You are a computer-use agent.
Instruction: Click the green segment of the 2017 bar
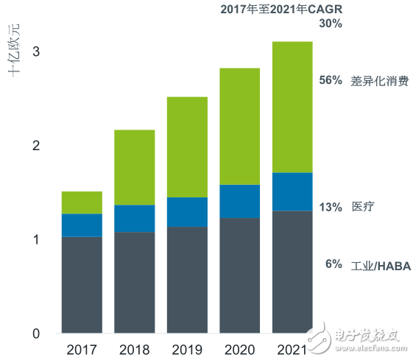pos(82,202)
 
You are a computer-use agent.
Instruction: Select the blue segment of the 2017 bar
pos(82,225)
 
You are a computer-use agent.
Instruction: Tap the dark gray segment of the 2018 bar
pos(134,283)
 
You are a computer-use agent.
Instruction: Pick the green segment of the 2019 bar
pos(187,147)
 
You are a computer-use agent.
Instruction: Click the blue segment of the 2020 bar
pos(239,201)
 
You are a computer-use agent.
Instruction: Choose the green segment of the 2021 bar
pos(292,107)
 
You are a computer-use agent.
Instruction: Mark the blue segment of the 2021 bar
pos(292,191)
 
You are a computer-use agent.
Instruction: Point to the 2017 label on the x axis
pos(82,348)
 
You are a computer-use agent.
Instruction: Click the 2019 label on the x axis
pos(187,348)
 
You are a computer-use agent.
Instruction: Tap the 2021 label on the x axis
pos(292,348)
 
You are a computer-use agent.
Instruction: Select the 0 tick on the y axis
pos(35,334)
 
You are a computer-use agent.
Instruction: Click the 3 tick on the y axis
pos(35,52)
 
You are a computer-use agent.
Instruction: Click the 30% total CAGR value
pos(331,24)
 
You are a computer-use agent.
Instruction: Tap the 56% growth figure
pos(331,81)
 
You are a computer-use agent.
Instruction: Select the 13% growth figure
pos(331,207)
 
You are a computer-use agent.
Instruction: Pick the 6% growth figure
pos(333,264)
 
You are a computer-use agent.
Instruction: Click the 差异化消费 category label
pos(380,81)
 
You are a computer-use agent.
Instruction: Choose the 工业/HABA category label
pos(381,265)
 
